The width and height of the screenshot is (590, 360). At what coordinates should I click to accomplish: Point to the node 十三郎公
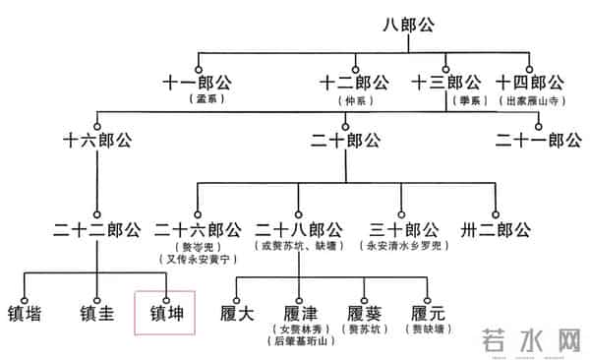445,83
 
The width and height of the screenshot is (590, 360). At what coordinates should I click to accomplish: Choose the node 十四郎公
530,83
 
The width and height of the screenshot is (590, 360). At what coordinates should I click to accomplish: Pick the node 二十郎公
345,141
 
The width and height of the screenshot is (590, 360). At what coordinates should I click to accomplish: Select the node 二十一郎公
538,141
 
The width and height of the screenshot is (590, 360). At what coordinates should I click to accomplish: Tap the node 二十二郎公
95,230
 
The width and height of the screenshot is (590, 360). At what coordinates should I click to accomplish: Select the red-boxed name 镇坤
165,315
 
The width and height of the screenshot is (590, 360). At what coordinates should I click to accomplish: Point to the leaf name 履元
428,315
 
